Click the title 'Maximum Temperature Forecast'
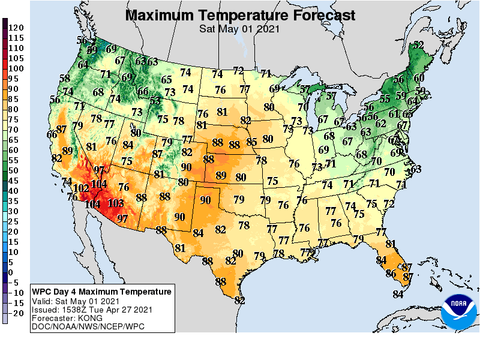pyautogui.click(x=240, y=14)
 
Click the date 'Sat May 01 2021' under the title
pyautogui.click(x=240, y=28)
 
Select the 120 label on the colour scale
pyautogui.click(x=16, y=28)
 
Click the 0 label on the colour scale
pyautogui.click(x=10, y=272)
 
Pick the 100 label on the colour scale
pyautogui.click(x=16, y=68)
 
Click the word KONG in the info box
pyautogui.click(x=85, y=318)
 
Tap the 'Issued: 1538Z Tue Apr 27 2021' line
pyautogui.click(x=91, y=310)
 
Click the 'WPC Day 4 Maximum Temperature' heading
pyautogui.click(x=101, y=292)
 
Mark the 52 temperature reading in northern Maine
pyautogui.click(x=418, y=45)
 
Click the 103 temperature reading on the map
pyautogui.click(x=115, y=203)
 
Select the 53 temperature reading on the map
pyautogui.click(x=155, y=100)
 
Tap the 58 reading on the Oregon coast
pyautogui.click(x=65, y=79)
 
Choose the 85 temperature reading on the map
pyautogui.click(x=252, y=142)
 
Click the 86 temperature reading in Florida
pyautogui.click(x=391, y=273)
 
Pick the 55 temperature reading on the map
pyautogui.click(x=385, y=99)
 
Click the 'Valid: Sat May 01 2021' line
pyautogui.click(x=77, y=301)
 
